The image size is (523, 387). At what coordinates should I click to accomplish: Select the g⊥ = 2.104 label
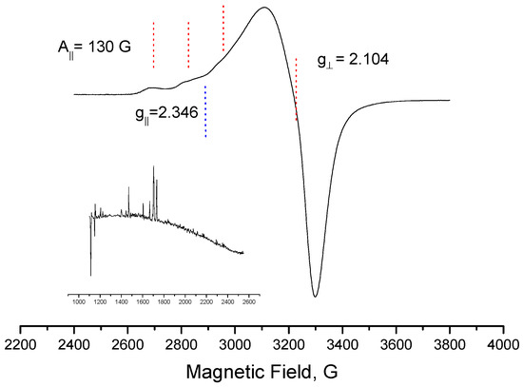click(353, 59)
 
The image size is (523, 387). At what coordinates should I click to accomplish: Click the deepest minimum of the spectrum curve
click(315, 296)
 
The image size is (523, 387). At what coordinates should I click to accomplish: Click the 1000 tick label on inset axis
click(79, 301)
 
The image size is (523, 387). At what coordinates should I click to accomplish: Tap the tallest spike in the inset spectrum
click(153, 167)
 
